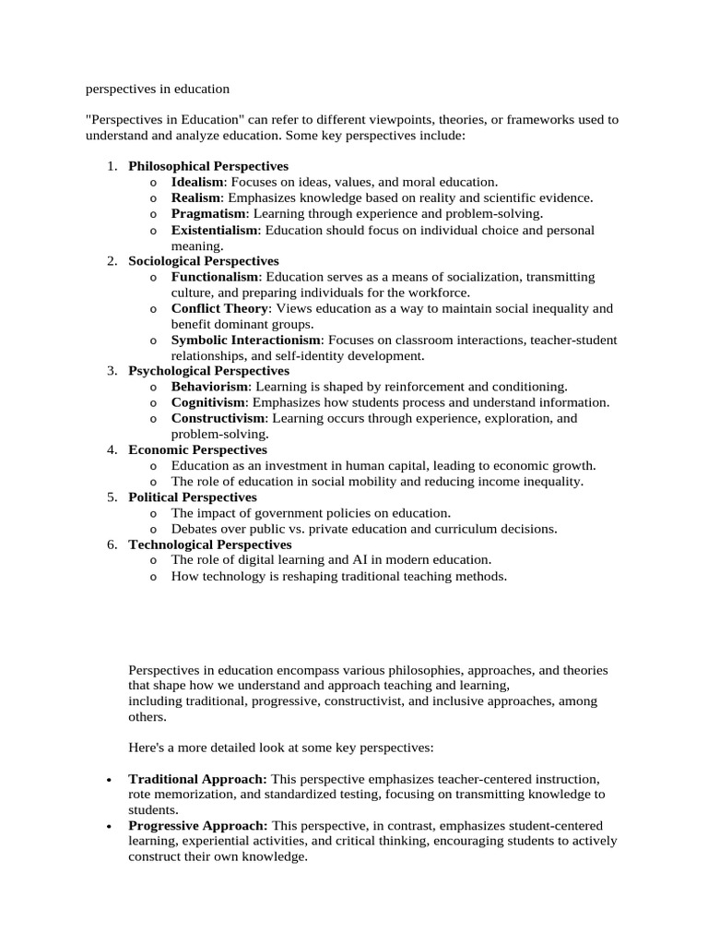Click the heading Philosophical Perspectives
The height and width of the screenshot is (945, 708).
pos(207,166)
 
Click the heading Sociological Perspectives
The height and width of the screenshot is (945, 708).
pos(203,261)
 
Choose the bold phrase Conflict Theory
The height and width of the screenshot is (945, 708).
pos(219,308)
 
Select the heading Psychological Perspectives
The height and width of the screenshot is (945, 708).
pos(208,371)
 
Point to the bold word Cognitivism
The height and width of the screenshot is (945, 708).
pos(208,402)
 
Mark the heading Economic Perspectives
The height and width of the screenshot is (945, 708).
pos(197,449)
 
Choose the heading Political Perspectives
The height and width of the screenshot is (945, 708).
pos(192,496)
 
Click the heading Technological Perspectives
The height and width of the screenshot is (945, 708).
pos(209,544)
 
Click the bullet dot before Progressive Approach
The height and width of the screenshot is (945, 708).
pos(110,827)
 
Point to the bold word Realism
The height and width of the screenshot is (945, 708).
pos(195,197)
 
